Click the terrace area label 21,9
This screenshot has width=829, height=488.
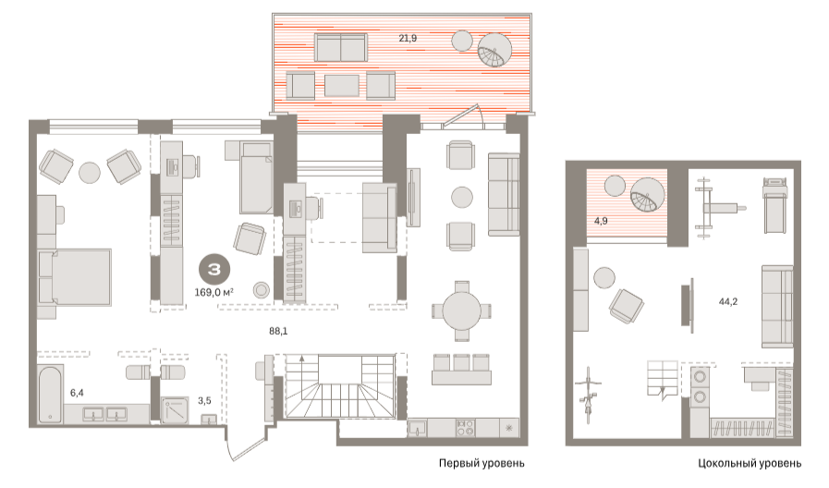point(408,38)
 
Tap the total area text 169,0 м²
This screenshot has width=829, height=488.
point(214,292)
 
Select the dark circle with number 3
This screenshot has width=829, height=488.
point(214,270)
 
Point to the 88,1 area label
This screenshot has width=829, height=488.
point(278,331)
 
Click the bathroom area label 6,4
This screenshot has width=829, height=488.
point(77,393)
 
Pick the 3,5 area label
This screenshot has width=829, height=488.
point(204,401)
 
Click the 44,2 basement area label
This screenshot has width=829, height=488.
point(728,301)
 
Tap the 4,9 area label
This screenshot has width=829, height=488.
point(601,221)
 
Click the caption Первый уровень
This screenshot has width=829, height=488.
point(482,463)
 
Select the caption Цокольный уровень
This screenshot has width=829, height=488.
point(750,464)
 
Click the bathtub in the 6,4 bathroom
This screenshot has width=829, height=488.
point(51,394)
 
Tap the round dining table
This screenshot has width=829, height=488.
point(461,311)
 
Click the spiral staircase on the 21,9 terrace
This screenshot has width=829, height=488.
point(494,50)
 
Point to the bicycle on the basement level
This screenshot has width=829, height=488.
point(588,395)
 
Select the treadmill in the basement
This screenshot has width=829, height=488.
point(775,205)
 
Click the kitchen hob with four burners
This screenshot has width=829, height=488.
point(465,427)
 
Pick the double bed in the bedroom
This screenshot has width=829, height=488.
point(75,277)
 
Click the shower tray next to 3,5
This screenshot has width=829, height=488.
point(175,410)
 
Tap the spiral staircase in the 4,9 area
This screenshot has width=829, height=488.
point(648,195)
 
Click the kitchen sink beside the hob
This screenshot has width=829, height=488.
point(418,428)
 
